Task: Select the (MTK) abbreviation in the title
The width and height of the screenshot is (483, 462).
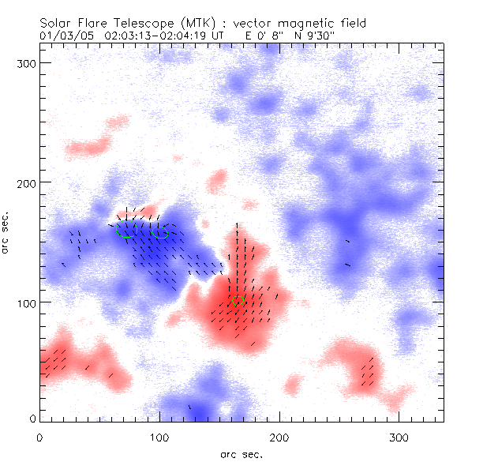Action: point(180,23)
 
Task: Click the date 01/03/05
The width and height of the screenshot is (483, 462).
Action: point(62,36)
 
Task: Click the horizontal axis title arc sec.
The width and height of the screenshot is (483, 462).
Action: point(241,453)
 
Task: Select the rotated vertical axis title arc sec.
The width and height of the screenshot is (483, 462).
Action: point(6,233)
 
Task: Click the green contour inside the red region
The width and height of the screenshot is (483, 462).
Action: point(238,302)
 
